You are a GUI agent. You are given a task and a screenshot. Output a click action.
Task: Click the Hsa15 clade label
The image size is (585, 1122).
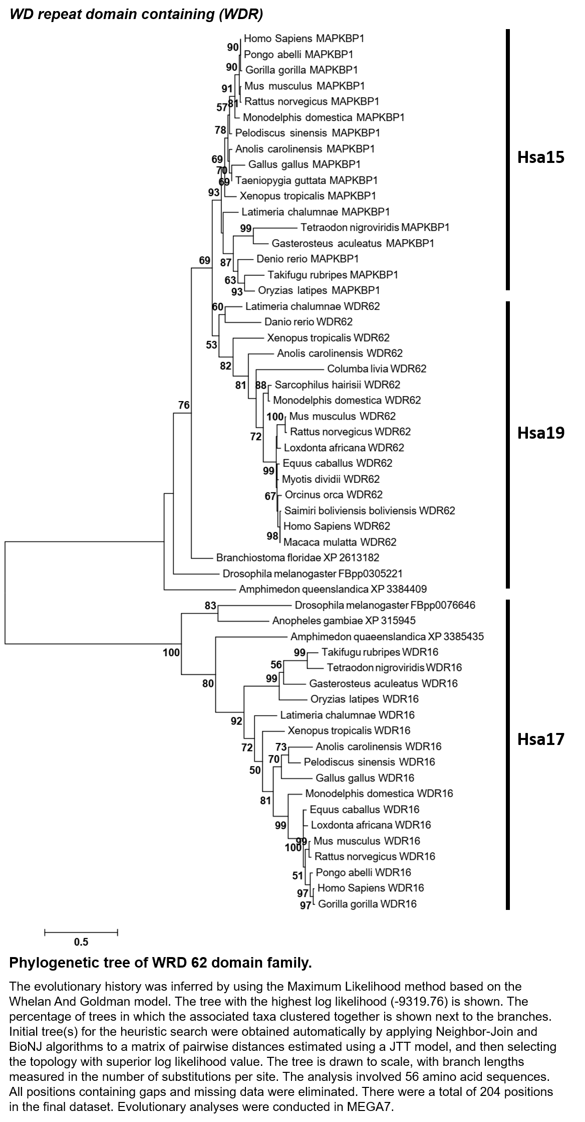pyautogui.click(x=540, y=157)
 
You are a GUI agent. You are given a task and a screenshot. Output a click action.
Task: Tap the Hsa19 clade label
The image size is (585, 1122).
pyautogui.click(x=540, y=433)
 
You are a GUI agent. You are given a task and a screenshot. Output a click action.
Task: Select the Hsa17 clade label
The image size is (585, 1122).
pyautogui.click(x=540, y=739)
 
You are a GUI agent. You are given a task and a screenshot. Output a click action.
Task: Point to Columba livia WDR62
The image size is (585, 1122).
pyautogui.click(x=377, y=369)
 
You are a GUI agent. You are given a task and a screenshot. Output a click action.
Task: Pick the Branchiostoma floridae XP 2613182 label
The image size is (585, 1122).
pyautogui.click(x=298, y=557)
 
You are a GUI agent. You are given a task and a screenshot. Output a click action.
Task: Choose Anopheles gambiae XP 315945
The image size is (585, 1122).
pyautogui.click(x=344, y=621)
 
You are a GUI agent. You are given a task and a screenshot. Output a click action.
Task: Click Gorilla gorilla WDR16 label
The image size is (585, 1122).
pyautogui.click(x=367, y=904)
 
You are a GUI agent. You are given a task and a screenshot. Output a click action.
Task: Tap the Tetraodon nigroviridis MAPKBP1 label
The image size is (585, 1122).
pyautogui.click(x=375, y=228)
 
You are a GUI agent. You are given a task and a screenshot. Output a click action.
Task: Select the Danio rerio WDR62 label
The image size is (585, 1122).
pyautogui.click(x=309, y=322)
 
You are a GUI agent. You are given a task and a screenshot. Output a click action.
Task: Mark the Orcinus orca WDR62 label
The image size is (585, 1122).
pyautogui.click(x=334, y=495)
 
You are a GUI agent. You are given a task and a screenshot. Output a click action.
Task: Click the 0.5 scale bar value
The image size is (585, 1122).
pyautogui.click(x=81, y=942)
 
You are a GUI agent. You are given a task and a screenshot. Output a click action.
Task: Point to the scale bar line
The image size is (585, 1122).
pyautogui.click(x=81, y=932)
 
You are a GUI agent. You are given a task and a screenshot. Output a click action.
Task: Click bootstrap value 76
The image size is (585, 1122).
pyautogui.click(x=184, y=405)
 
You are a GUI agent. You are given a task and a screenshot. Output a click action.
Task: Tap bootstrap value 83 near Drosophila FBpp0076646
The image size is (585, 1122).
pyautogui.click(x=210, y=606)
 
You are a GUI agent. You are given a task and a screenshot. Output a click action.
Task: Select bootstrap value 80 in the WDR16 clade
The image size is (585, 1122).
pyautogui.click(x=208, y=683)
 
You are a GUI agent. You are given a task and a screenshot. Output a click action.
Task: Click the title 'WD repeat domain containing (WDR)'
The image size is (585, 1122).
pyautogui.click(x=136, y=14)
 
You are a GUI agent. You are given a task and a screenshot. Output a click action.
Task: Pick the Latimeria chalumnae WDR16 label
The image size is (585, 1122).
pyautogui.click(x=347, y=715)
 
